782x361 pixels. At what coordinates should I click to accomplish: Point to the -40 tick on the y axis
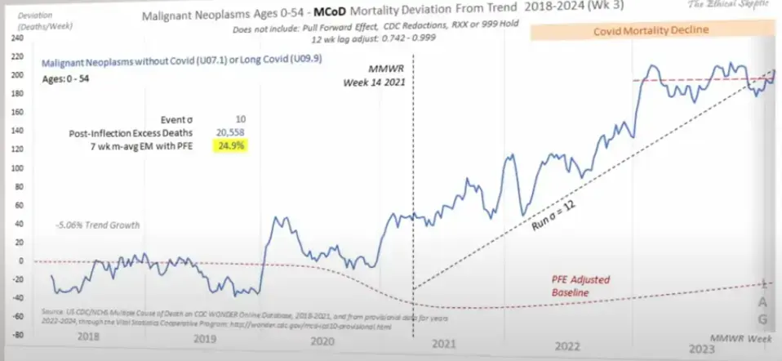pyautogui.click(x=12, y=298)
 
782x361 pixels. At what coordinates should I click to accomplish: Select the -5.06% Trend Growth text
pyautogui.click(x=87, y=225)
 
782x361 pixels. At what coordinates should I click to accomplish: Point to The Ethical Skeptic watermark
pyautogui.click(x=730, y=5)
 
